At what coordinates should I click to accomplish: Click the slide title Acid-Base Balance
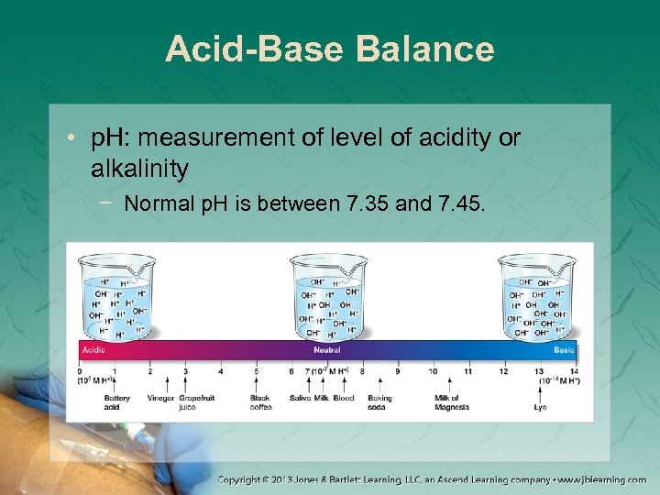pos(329,49)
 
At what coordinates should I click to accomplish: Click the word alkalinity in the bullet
pos(140,168)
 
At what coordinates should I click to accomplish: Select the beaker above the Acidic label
pos(116,296)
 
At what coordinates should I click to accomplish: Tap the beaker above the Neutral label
pos(328,296)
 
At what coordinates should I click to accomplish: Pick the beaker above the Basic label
pos(537,296)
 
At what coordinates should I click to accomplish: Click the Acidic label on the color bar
pos(94,350)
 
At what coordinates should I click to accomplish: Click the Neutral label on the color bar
pos(326,350)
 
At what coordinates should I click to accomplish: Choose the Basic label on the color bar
pos(565,350)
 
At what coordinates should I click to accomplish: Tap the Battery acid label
pos(116,402)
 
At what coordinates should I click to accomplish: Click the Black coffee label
pos(260,402)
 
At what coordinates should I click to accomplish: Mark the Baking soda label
pos(379,402)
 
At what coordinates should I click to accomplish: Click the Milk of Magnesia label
pos(446,402)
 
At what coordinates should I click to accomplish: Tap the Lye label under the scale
pos(540,407)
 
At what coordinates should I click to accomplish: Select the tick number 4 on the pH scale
pos(221,371)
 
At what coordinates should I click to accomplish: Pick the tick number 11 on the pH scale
pos(467,371)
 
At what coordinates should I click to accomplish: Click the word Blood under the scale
pos(344,399)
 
